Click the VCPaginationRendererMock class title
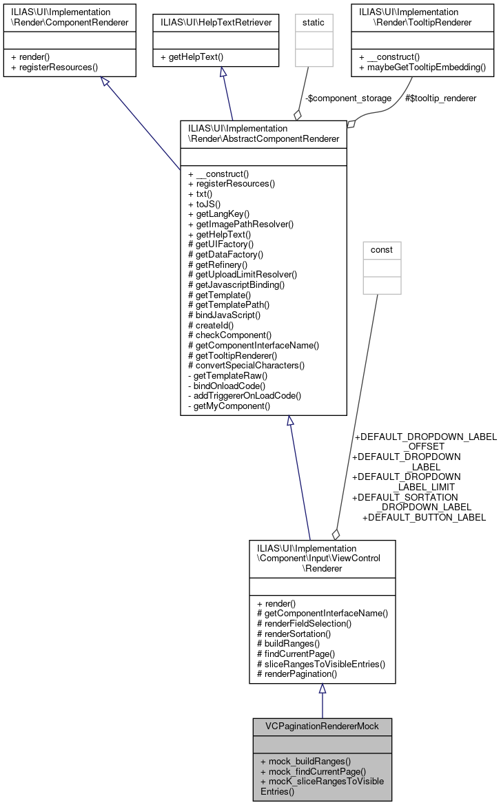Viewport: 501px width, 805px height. [322, 726]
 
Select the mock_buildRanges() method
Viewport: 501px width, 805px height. [305, 762]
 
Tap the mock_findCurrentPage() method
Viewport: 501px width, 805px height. [313, 772]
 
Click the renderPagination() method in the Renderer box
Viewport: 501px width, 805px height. [296, 674]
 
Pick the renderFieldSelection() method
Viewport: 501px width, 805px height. [304, 623]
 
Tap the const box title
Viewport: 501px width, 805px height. [382, 249]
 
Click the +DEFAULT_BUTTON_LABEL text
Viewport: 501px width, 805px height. [424, 517]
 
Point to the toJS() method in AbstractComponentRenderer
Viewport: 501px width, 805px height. [205, 204]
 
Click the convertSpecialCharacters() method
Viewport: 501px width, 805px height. [246, 365]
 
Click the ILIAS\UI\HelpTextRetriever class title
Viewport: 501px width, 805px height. [216, 22]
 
